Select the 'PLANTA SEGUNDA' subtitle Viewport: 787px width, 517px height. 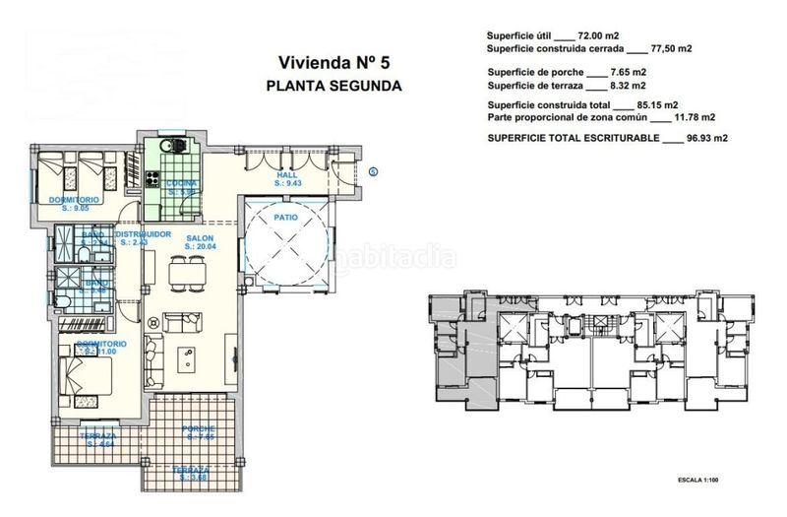333,85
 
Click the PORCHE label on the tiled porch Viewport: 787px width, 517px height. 198,428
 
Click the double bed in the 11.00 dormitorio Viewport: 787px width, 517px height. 83,375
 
